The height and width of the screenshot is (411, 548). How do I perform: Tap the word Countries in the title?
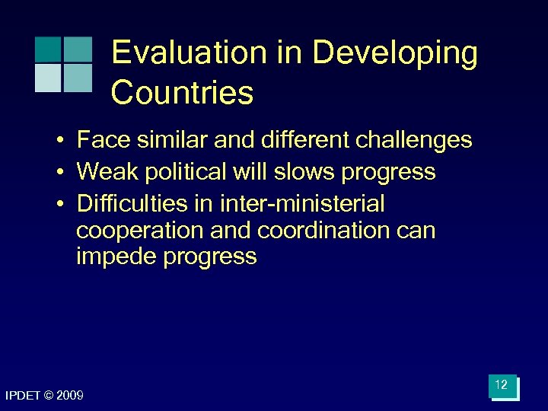(182, 93)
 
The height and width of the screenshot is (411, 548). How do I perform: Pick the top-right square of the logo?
(77, 49)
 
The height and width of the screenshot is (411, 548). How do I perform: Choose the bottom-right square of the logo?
(77, 78)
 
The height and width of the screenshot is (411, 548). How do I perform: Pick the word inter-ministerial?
(301, 204)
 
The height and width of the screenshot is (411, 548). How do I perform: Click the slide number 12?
(501, 386)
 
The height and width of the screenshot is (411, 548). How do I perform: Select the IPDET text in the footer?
(23, 396)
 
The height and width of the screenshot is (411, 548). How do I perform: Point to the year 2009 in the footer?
(70, 396)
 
